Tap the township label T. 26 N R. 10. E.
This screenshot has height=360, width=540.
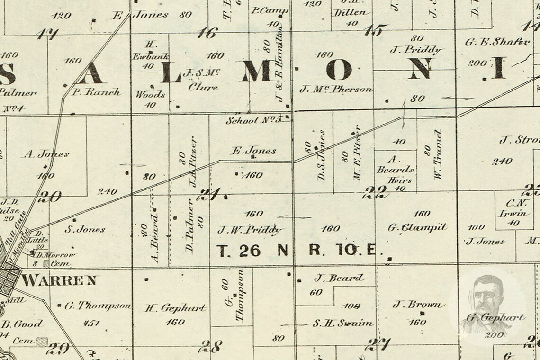(x=297, y=251)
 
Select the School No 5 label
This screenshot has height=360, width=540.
(x=253, y=120)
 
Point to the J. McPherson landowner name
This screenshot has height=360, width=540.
(x=337, y=89)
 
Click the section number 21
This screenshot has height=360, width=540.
(x=208, y=195)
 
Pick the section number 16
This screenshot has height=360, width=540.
(x=207, y=33)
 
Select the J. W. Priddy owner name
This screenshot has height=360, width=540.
(x=250, y=230)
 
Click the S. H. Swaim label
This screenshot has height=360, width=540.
(x=342, y=324)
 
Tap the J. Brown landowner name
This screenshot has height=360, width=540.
(x=419, y=305)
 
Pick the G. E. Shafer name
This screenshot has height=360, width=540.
(x=497, y=42)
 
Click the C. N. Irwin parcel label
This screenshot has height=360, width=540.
(x=513, y=208)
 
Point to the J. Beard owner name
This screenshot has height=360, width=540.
(x=339, y=278)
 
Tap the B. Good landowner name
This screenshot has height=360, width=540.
(x=22, y=324)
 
